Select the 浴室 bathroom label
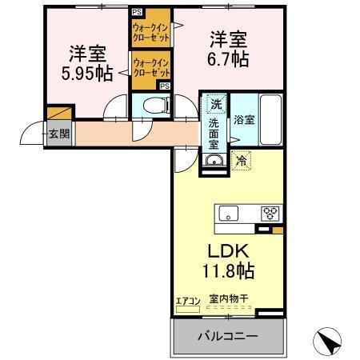(244, 120)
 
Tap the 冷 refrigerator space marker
(242, 161)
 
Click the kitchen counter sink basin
(229, 213)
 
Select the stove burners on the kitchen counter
(270, 213)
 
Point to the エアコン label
(187, 300)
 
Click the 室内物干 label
(229, 299)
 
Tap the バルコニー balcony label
(228, 337)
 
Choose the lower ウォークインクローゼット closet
(150, 68)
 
